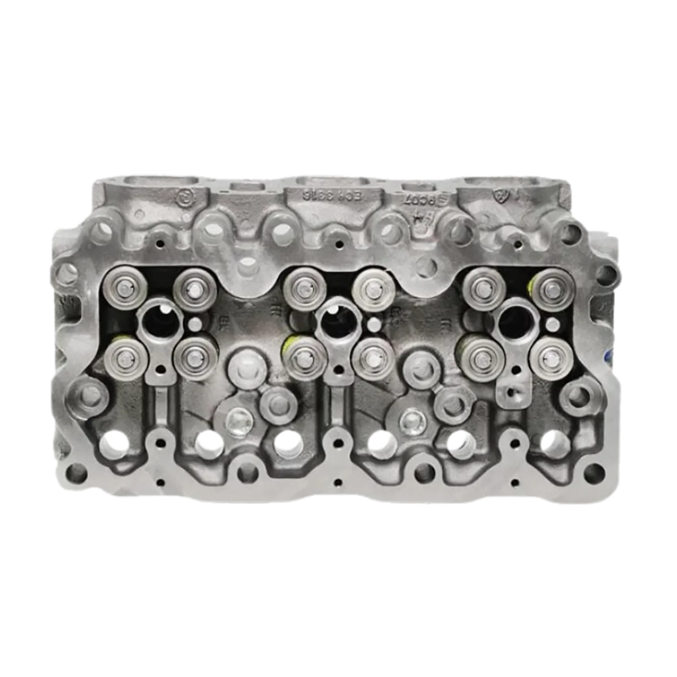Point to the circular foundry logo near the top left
pyautogui.click(x=184, y=196)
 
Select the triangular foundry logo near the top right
pyautogui.click(x=499, y=195)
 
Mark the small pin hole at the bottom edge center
pyautogui.click(x=337, y=483)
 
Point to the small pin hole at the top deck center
pyautogui.click(x=338, y=245)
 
